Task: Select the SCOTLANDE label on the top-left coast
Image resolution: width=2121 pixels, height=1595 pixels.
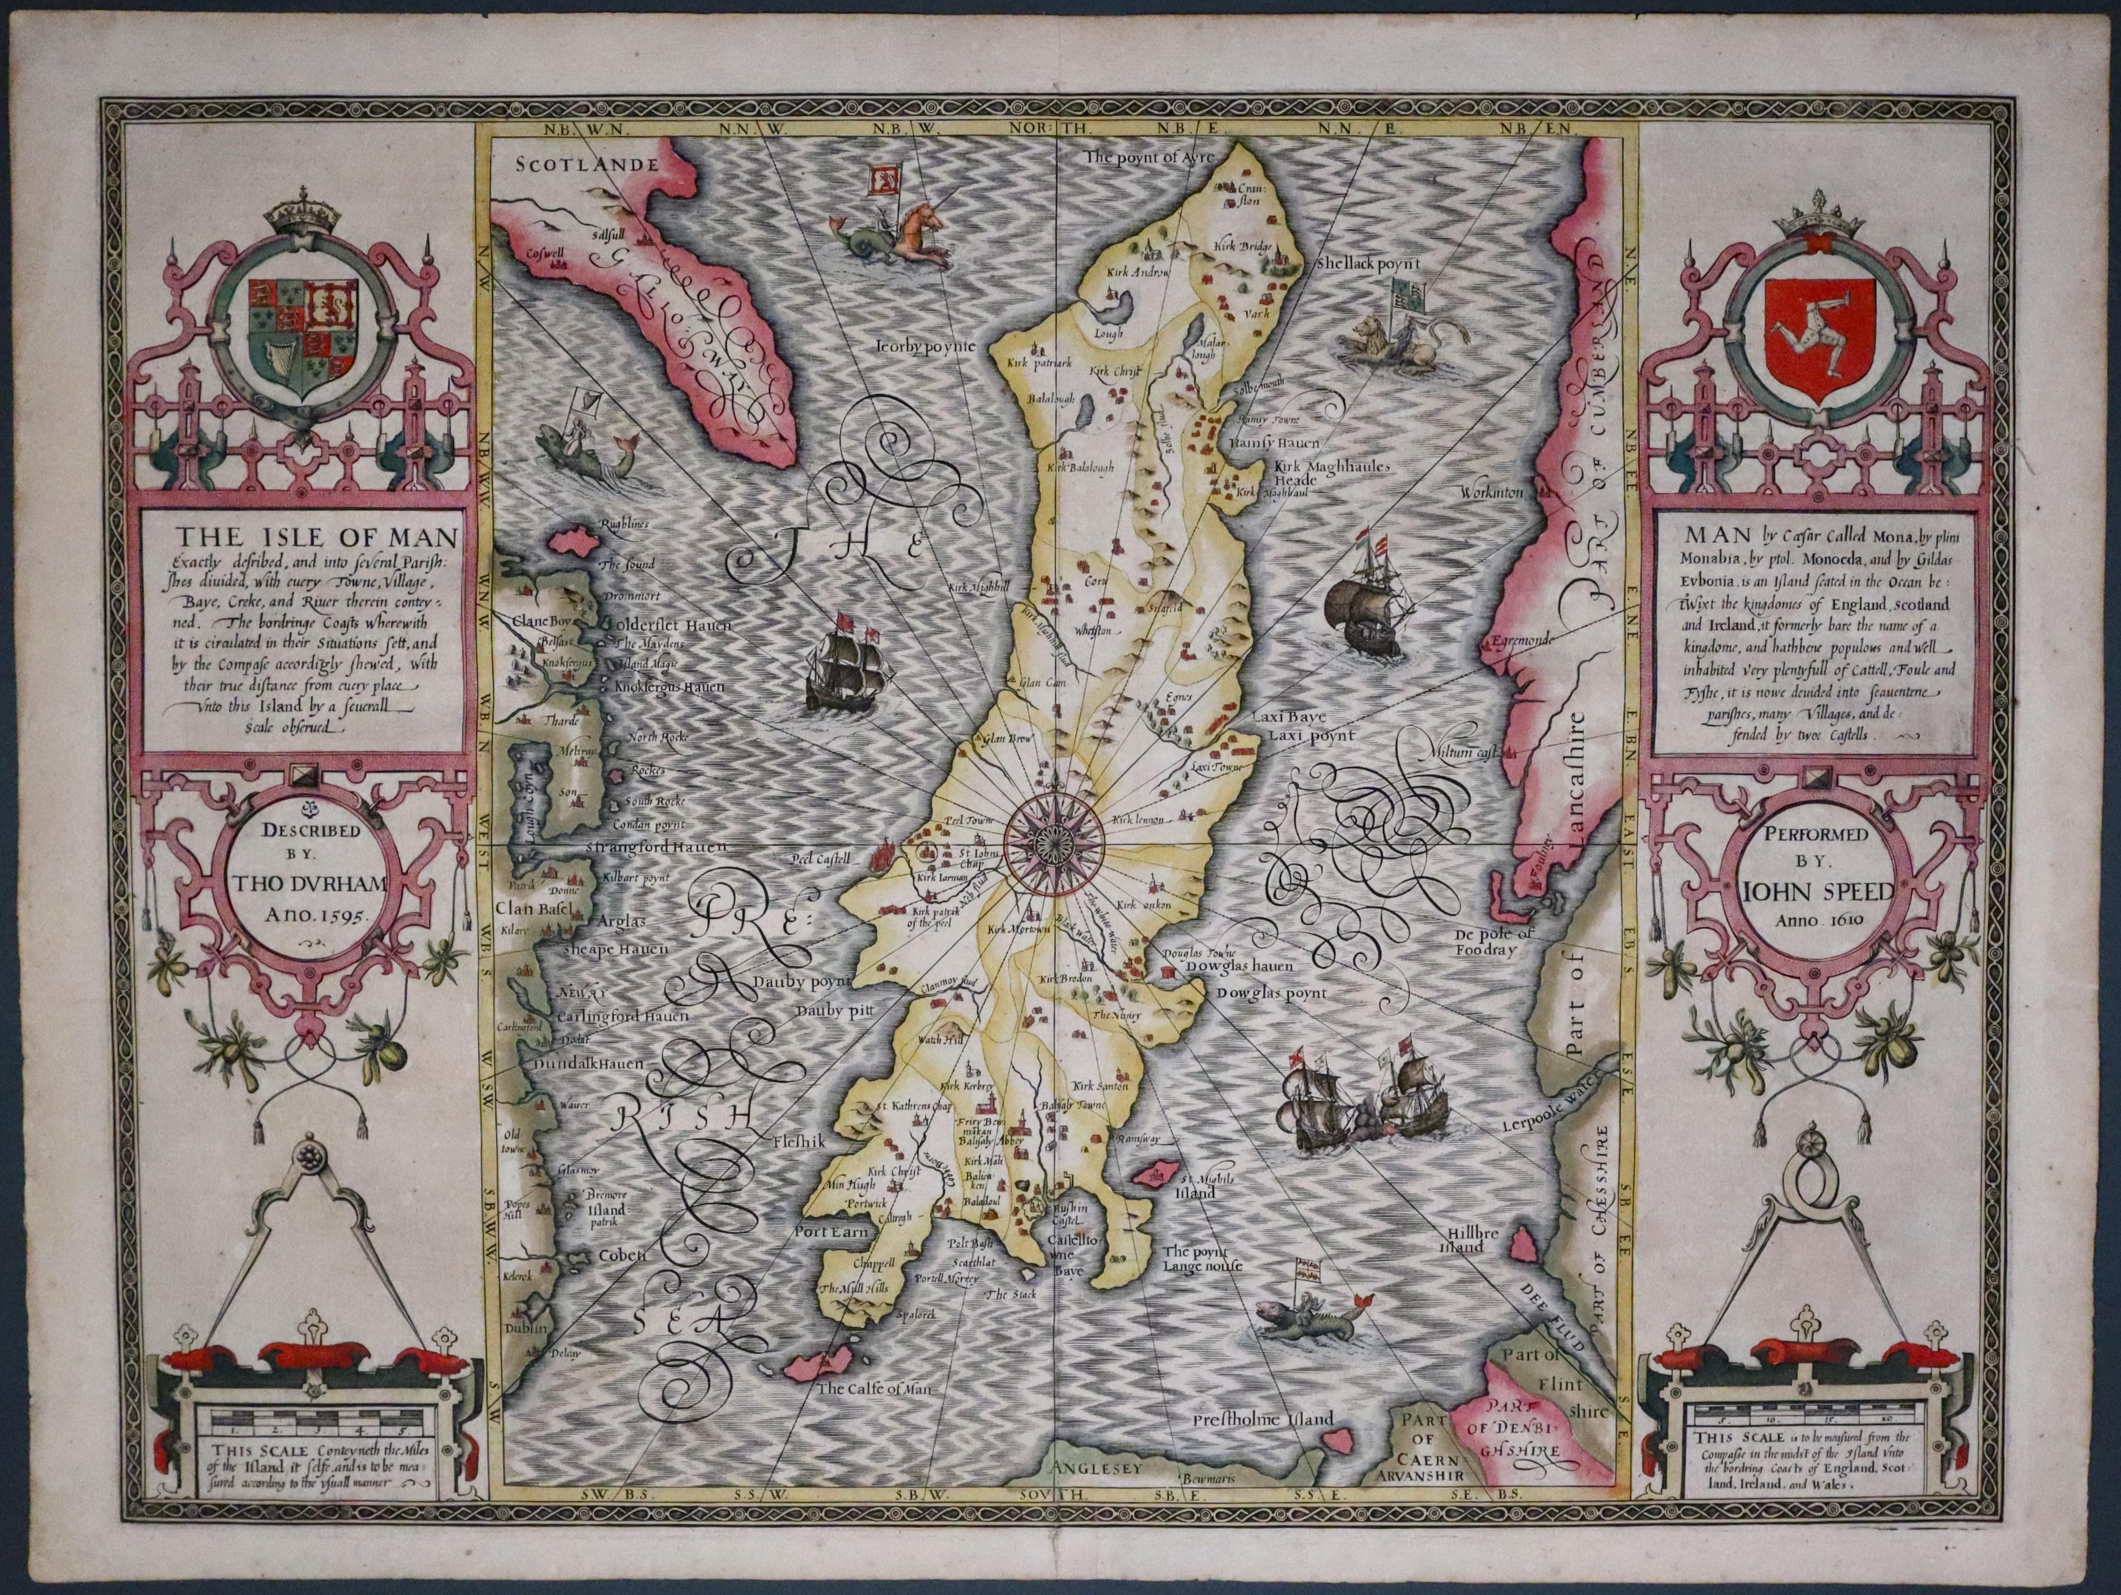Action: tap(587, 164)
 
